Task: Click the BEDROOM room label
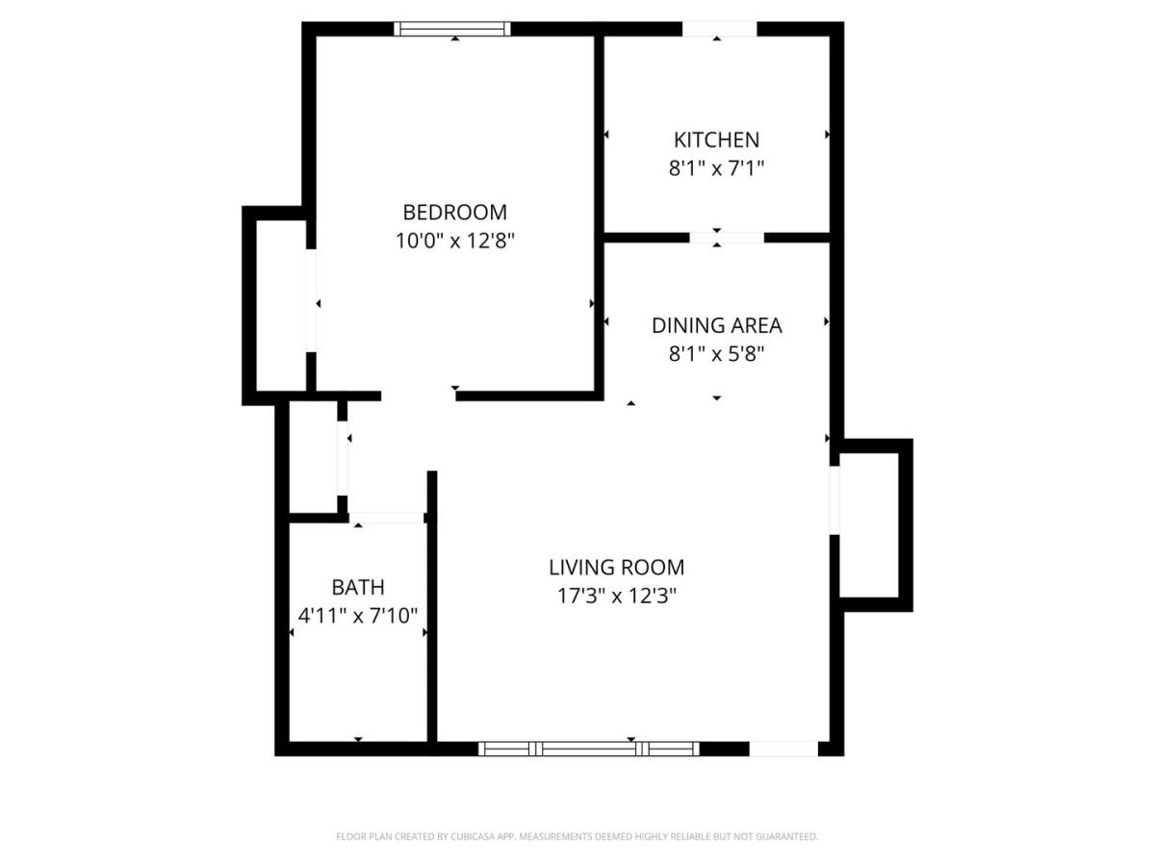pos(454,213)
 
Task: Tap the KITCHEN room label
pos(716,140)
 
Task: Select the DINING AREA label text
pos(716,325)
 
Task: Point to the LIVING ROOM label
pos(616,568)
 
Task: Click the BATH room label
pos(358,587)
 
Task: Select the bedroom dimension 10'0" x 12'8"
pos(454,241)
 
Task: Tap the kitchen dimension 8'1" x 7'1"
pos(716,168)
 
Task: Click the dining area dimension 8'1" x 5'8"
pos(716,354)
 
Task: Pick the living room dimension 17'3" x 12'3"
pos(616,596)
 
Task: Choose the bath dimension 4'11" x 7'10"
pos(358,616)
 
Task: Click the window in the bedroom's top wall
pos(452,29)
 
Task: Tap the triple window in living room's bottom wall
pos(588,749)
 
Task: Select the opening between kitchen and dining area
pos(726,238)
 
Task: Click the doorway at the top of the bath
pos(386,518)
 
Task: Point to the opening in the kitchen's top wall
pos(719,29)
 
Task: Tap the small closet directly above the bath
pos(314,457)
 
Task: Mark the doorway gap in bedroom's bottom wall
pos(419,395)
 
